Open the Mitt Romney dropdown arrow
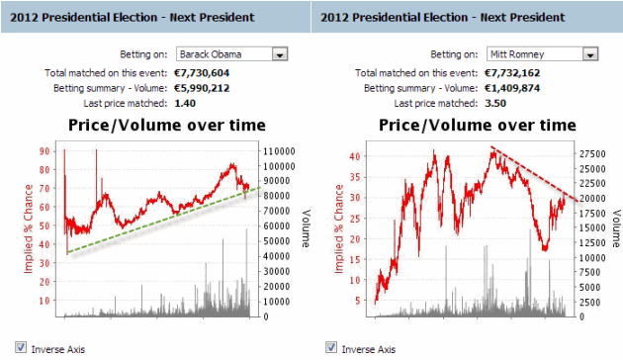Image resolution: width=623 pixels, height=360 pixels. click(590, 54)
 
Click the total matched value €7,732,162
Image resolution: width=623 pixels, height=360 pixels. click(515, 73)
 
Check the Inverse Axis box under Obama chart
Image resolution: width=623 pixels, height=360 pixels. click(21, 348)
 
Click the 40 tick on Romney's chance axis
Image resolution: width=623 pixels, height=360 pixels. click(357, 156)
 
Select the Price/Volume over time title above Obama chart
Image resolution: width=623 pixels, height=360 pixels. click(166, 125)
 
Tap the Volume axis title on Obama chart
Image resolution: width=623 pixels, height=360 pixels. click(306, 227)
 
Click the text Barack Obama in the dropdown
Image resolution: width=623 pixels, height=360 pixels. click(211, 54)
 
